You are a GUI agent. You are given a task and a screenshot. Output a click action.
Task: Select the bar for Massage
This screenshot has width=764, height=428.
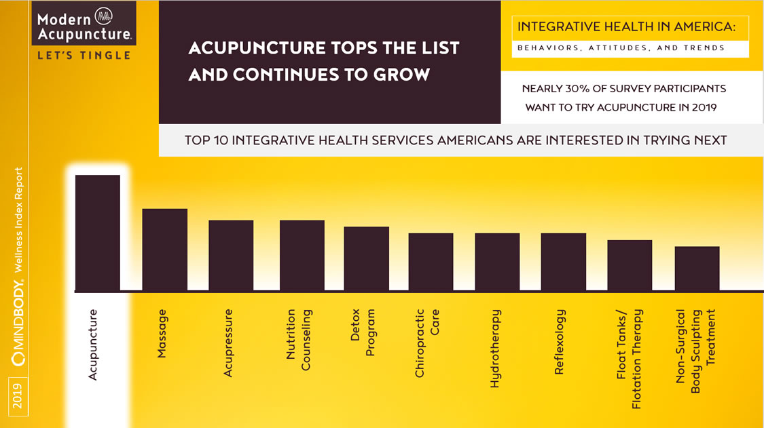click(x=164, y=250)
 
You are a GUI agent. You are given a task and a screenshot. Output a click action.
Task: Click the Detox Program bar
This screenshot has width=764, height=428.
click(x=366, y=258)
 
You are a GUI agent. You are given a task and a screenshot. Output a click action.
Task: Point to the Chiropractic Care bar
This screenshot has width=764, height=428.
click(x=431, y=262)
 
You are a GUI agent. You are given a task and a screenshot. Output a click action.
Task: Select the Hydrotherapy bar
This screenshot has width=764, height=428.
click(x=497, y=262)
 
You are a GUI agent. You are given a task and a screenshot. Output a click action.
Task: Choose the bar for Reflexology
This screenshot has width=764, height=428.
click(x=563, y=262)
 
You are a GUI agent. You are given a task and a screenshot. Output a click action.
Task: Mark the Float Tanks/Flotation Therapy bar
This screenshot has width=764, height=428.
click(x=630, y=265)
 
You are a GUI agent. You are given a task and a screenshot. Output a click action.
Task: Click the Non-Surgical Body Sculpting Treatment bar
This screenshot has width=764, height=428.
click(x=697, y=269)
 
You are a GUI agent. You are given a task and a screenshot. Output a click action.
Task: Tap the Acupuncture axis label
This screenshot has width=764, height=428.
click(x=93, y=345)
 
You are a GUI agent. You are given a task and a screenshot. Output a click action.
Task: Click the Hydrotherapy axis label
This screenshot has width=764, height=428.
click(x=495, y=349)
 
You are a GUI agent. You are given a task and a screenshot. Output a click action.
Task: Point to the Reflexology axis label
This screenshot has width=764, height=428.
click(x=560, y=342)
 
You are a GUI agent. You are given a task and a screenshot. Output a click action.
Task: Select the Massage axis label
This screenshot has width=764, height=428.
click(x=162, y=333)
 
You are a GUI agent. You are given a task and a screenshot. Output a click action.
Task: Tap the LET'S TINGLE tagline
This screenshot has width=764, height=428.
click(x=84, y=56)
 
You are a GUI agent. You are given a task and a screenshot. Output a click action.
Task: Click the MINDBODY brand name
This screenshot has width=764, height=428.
click(x=19, y=323)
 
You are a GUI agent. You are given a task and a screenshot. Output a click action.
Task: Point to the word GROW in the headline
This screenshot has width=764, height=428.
click(x=400, y=75)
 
